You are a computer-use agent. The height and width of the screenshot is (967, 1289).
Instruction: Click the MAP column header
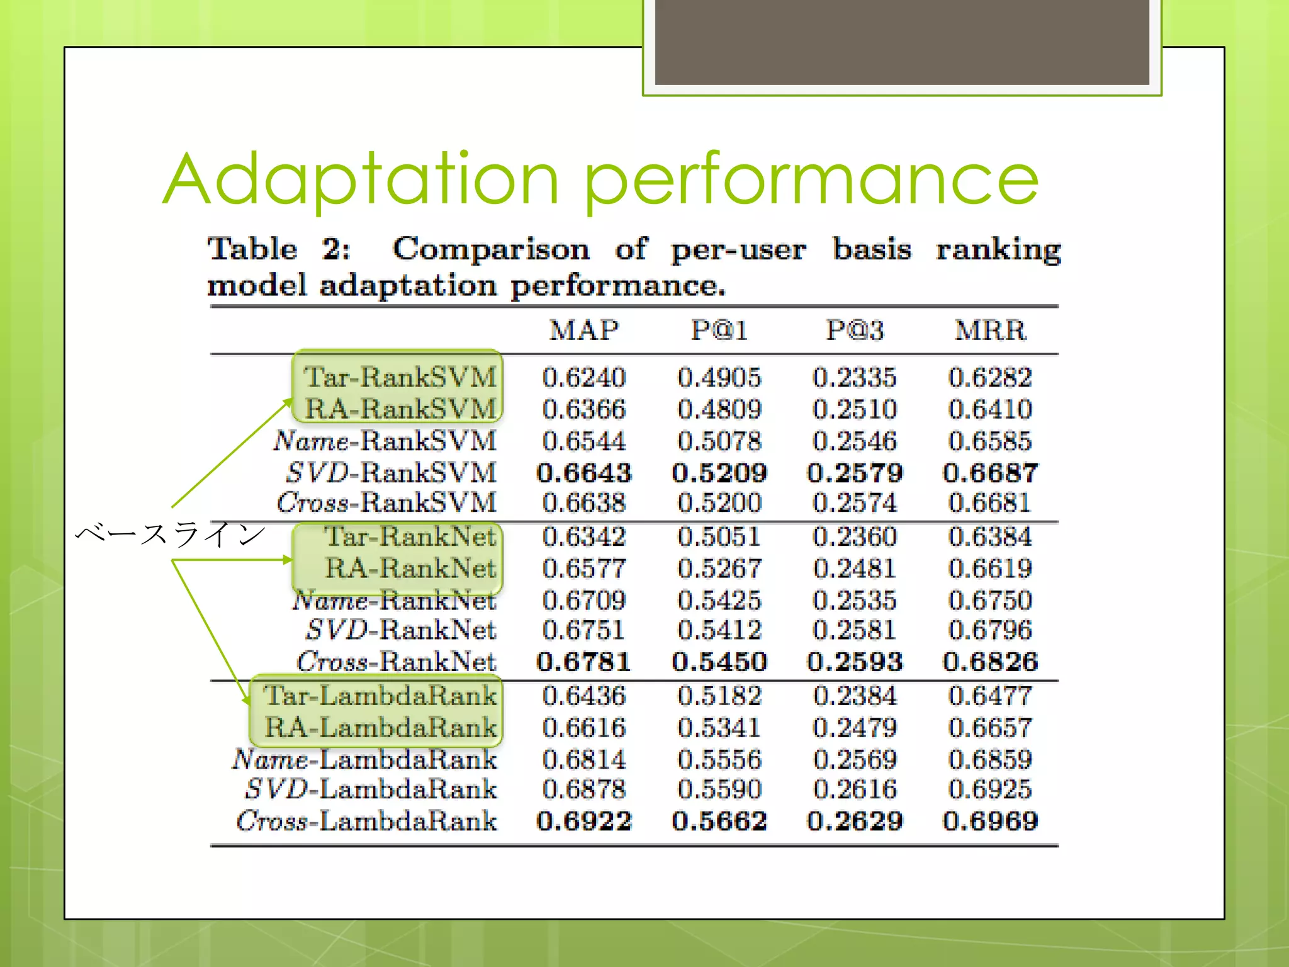pyautogui.click(x=584, y=330)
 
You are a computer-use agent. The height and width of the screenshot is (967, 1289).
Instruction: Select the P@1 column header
pyautogui.click(x=719, y=330)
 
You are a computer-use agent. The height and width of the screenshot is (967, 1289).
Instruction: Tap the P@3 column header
pyautogui.click(x=855, y=330)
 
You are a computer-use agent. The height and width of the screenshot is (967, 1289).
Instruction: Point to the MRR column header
pyautogui.click(x=991, y=330)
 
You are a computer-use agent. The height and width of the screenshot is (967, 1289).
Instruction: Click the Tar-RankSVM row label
pyautogui.click(x=400, y=377)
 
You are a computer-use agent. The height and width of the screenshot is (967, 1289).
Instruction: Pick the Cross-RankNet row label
pyautogui.click(x=397, y=661)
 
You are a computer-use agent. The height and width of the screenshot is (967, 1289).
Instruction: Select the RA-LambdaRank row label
pyautogui.click(x=380, y=727)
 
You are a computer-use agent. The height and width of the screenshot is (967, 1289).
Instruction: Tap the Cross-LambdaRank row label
pyautogui.click(x=366, y=820)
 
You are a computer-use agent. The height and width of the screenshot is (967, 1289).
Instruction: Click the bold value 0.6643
pyautogui.click(x=584, y=473)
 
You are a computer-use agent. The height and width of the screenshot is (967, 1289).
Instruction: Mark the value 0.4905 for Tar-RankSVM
pyautogui.click(x=719, y=378)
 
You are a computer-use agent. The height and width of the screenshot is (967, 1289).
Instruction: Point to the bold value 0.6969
pyautogui.click(x=991, y=820)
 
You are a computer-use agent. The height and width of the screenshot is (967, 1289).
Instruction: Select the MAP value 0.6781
pyautogui.click(x=584, y=662)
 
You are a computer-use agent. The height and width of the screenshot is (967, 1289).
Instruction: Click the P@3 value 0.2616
pyautogui.click(x=855, y=789)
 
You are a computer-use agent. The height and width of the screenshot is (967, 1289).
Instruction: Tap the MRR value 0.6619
pyautogui.click(x=991, y=568)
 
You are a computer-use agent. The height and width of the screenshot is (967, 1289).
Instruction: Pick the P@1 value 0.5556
pyautogui.click(x=719, y=759)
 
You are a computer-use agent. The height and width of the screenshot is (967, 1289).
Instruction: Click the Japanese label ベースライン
pyautogui.click(x=170, y=534)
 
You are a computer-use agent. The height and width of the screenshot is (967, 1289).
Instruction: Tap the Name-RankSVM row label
pyautogui.click(x=385, y=441)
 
